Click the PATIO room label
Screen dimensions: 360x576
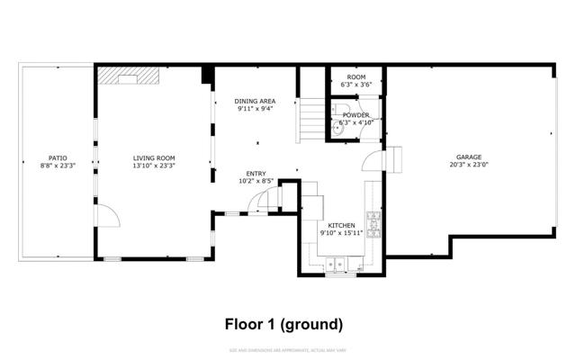pos(58,158)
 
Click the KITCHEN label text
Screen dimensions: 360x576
pos(341,225)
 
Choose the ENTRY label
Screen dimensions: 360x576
pos(256,174)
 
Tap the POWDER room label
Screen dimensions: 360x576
pos(356,115)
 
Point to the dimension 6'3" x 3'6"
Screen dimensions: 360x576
pos(356,85)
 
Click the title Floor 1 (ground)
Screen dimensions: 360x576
pos(283,323)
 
